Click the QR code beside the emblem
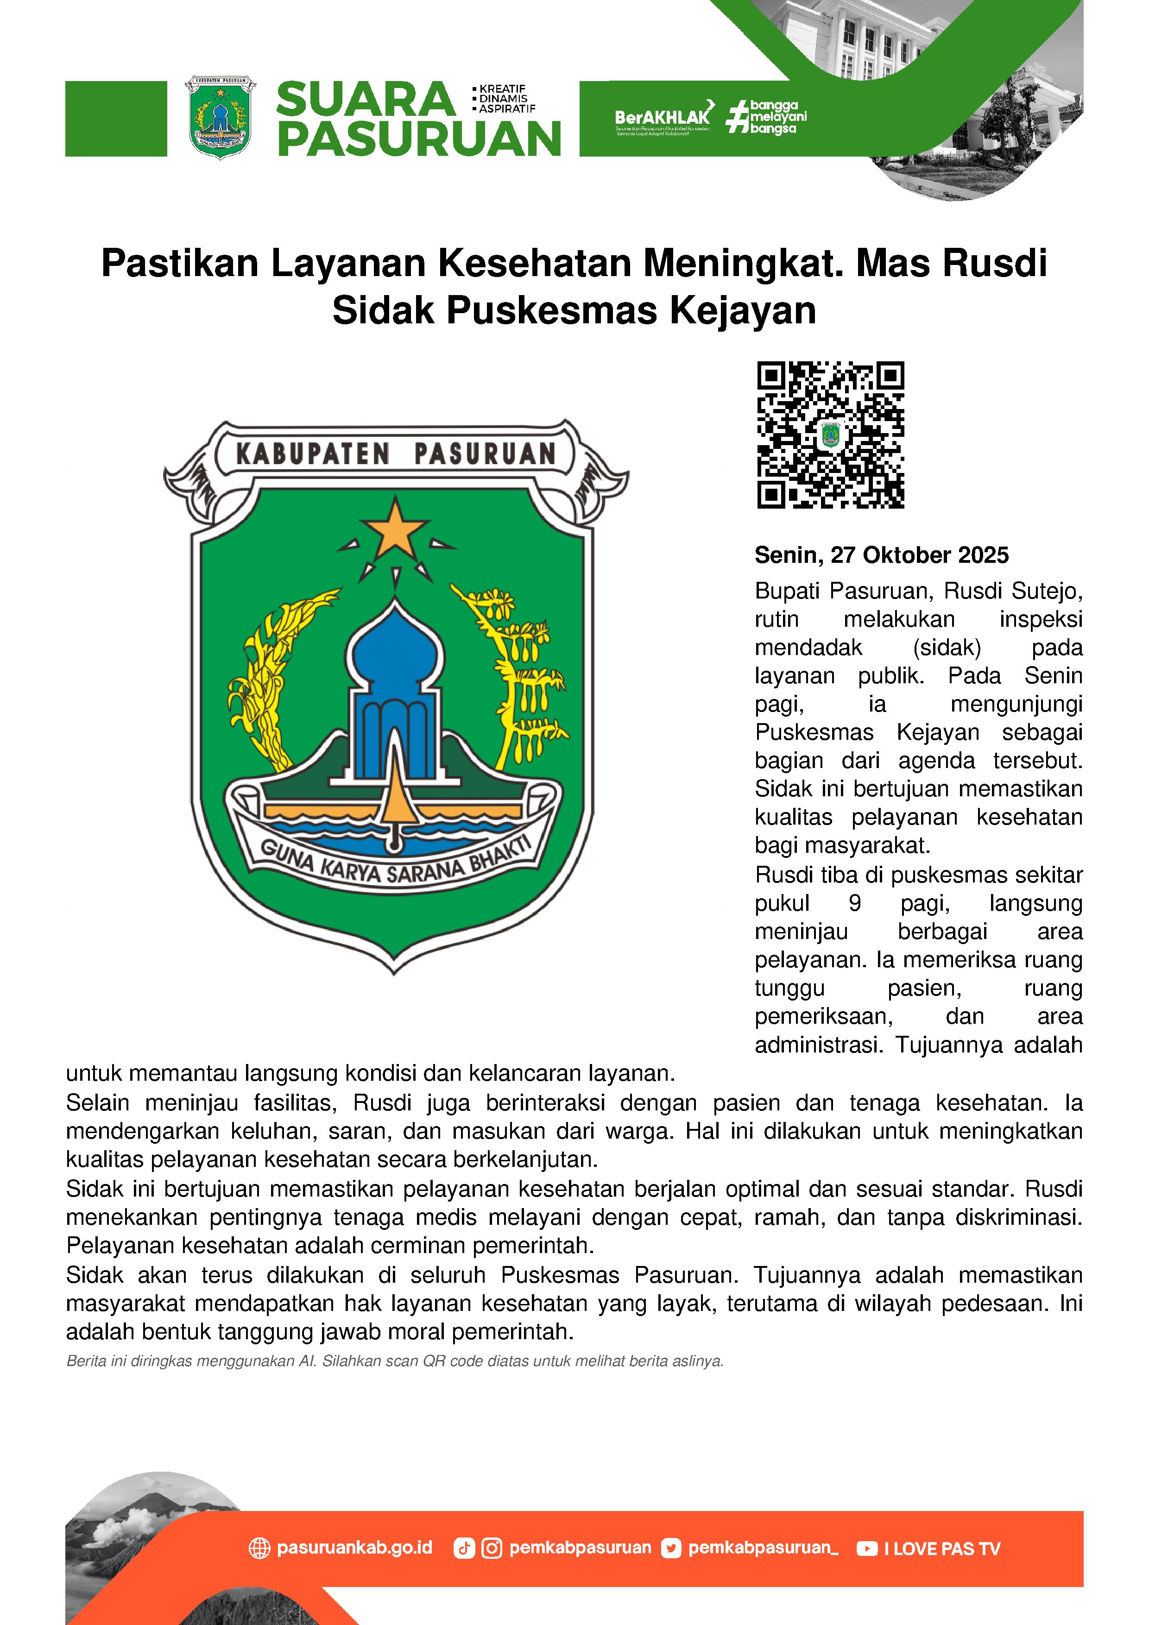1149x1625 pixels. pos(830,435)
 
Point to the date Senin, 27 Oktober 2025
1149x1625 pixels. pos(881,555)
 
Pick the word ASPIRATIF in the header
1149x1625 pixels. pos(507,109)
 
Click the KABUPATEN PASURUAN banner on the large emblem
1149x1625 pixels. pos(395,453)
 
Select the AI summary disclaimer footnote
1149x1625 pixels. pos(394,1360)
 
